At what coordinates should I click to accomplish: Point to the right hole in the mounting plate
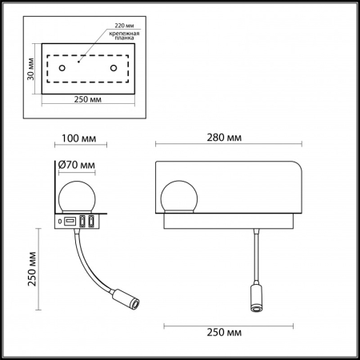pyautogui.click(x=114, y=68)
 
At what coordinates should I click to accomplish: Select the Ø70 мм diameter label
pyautogui.click(x=77, y=166)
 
